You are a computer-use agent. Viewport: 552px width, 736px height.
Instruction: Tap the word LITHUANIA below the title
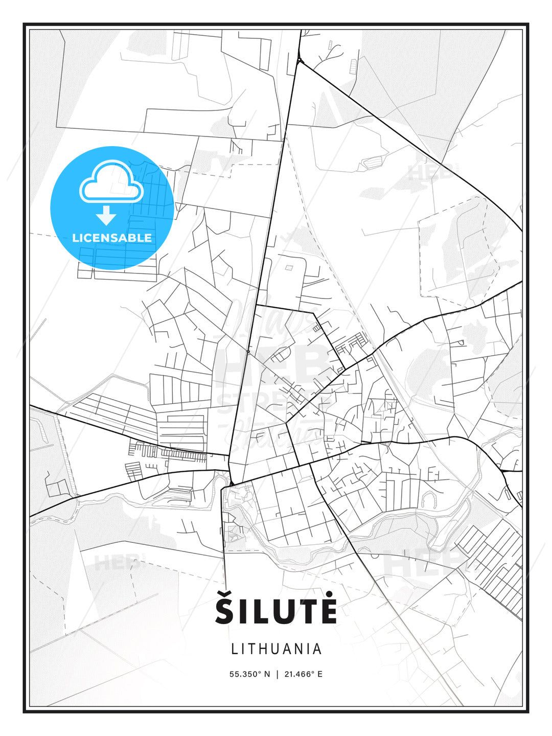click(x=277, y=649)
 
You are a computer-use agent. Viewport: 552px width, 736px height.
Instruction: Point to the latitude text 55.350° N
click(x=249, y=674)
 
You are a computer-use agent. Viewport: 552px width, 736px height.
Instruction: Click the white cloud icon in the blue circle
click(x=110, y=181)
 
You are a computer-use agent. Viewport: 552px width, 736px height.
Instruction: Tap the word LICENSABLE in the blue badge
click(x=112, y=238)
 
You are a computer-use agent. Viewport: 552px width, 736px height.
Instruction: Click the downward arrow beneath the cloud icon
click(x=106, y=215)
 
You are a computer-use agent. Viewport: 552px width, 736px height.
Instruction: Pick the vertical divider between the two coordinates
click(x=277, y=674)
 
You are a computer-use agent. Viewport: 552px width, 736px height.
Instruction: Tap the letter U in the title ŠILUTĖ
click(x=283, y=612)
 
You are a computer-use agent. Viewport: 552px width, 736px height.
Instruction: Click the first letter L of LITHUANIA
click(x=235, y=649)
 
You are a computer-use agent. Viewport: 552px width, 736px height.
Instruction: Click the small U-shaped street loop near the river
click(x=428, y=499)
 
